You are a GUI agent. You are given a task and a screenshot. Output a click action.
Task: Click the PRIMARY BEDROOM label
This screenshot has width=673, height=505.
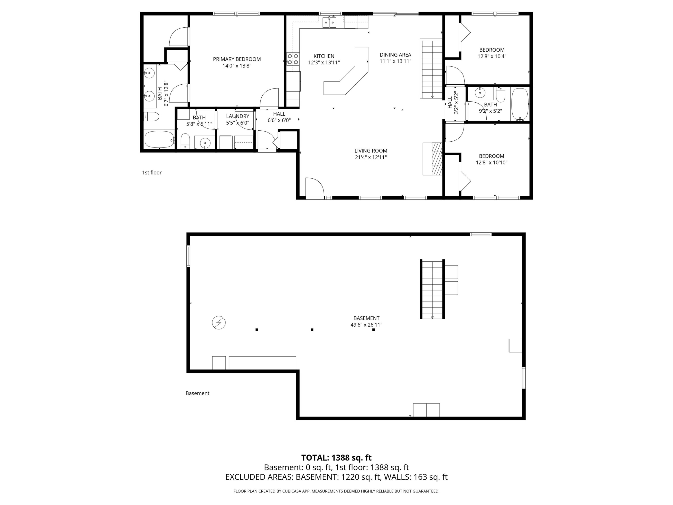[x=237, y=59]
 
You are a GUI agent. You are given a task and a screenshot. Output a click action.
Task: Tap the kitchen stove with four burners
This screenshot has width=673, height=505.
[x=293, y=59]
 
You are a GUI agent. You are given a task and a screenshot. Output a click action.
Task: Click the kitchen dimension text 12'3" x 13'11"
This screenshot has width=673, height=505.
[x=324, y=63]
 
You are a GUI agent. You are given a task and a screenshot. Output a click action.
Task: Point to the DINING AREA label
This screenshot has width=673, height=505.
[x=395, y=55]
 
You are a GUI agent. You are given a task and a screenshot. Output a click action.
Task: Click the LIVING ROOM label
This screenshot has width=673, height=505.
[x=371, y=151]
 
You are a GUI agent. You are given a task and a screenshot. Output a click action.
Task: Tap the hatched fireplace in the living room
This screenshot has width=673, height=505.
[x=437, y=159]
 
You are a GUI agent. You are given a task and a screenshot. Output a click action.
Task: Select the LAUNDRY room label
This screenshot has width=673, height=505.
[x=238, y=116]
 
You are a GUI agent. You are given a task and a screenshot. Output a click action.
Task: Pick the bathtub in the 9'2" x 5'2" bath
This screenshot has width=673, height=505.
[x=520, y=104]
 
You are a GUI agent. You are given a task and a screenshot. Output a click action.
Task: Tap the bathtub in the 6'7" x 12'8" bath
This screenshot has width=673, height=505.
[x=160, y=139]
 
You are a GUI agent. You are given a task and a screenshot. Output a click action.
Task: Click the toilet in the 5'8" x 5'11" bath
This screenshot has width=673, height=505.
[x=185, y=141]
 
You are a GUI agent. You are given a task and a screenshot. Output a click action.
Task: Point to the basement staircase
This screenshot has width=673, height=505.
[x=432, y=289]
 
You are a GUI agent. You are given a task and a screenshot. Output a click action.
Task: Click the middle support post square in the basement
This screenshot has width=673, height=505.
[x=312, y=329]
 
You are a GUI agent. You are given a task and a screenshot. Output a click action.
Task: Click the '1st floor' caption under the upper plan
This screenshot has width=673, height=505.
[x=152, y=173]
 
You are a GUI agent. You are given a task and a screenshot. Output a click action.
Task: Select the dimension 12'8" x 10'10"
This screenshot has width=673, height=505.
[x=492, y=162]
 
